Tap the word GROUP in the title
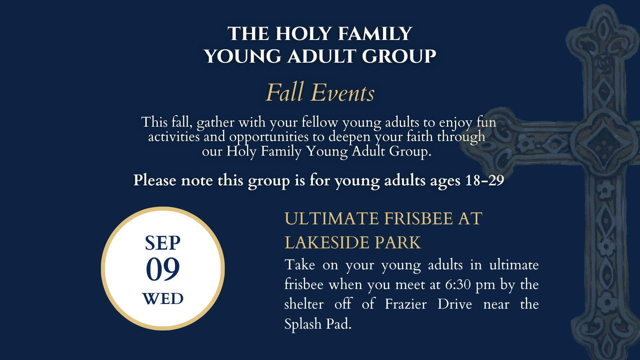point(399,56)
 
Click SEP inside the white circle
point(163,243)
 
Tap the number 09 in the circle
point(163,269)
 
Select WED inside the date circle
point(163,299)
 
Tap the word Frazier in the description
point(406,304)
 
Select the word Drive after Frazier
point(455,304)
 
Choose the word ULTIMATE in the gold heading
point(332,219)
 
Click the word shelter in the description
point(304,304)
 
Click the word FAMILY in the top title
point(375,34)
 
